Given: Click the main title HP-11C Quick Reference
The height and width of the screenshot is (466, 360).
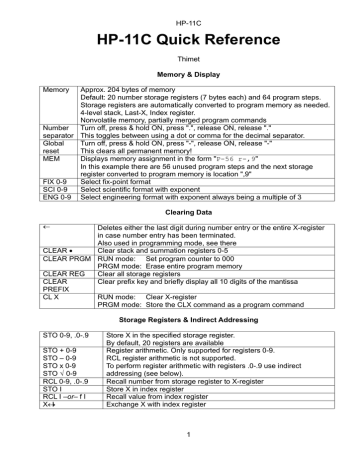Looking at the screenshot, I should [180, 40].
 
